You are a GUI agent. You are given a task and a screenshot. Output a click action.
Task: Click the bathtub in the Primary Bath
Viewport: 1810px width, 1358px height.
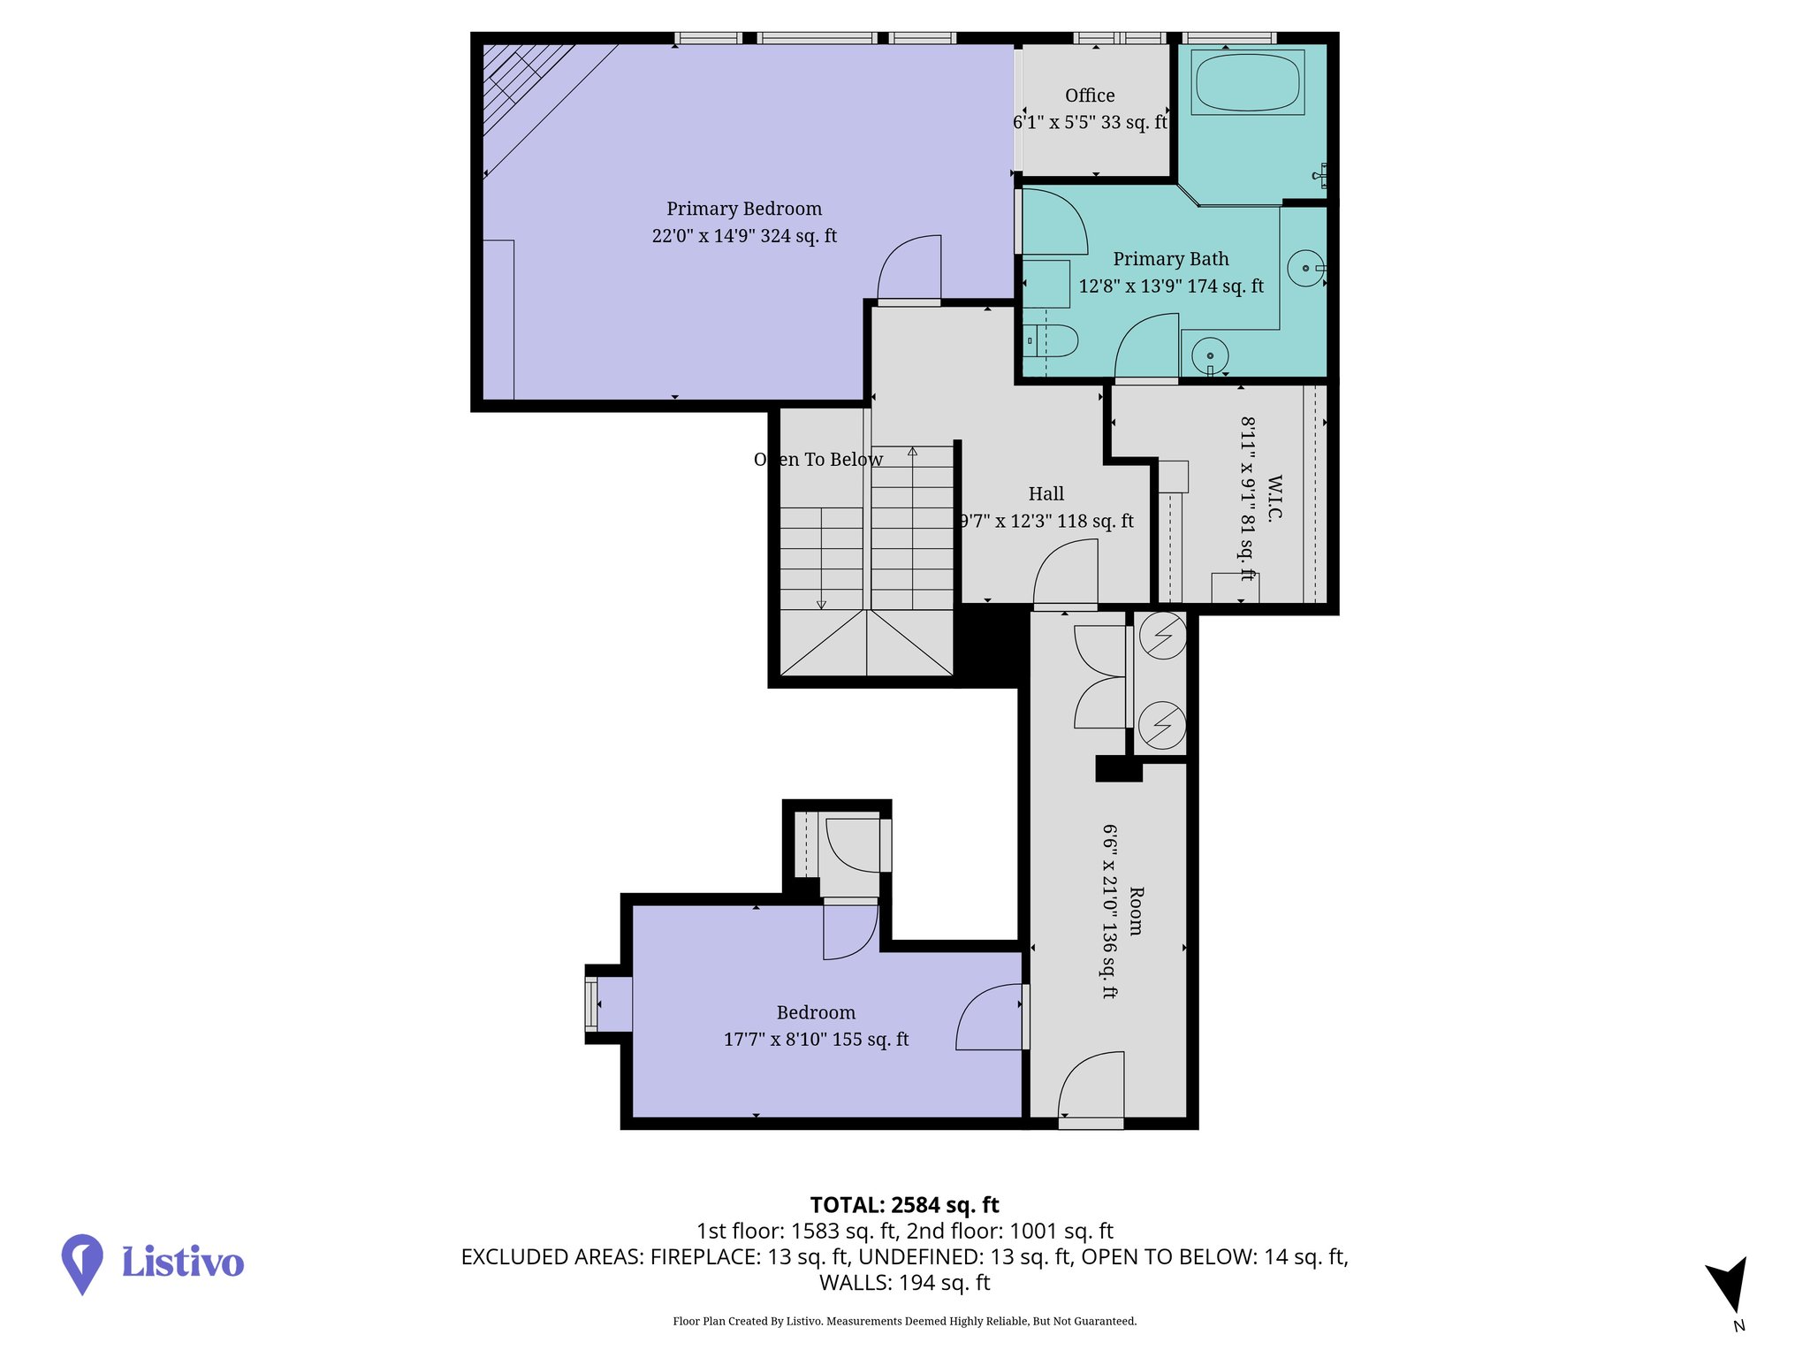(1248, 82)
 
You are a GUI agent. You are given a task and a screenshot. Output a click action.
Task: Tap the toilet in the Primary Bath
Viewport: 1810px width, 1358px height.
(1053, 340)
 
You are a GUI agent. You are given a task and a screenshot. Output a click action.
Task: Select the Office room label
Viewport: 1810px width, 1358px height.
(1090, 95)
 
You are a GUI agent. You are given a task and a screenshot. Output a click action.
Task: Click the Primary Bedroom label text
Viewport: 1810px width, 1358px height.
(744, 209)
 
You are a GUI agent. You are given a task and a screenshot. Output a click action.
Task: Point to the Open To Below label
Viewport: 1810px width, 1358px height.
(818, 460)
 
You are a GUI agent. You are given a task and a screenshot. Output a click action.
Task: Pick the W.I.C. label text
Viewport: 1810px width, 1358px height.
(1274, 499)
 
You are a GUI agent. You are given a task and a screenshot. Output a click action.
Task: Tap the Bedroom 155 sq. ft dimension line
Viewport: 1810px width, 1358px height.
(816, 1040)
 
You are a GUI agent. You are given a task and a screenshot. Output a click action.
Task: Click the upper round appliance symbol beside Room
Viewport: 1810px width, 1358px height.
(1162, 635)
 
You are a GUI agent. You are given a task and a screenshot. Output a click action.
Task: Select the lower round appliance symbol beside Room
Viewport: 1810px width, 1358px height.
(1162, 725)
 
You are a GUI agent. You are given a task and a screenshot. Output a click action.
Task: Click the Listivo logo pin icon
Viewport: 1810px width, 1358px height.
(82, 1263)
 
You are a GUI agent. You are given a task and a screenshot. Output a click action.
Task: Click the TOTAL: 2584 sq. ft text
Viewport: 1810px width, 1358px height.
(904, 1205)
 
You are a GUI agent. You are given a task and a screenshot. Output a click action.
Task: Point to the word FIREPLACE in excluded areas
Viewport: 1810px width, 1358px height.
(703, 1257)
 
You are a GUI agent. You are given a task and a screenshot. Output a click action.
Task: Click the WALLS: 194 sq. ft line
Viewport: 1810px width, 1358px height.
(904, 1283)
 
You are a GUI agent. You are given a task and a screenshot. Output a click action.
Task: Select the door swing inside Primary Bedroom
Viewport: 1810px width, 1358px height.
(910, 267)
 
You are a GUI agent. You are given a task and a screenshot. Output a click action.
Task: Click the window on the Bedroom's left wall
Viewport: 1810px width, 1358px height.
(591, 1003)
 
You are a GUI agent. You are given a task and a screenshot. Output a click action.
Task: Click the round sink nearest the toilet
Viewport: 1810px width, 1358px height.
(1210, 355)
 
